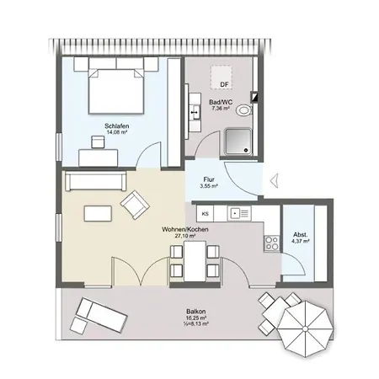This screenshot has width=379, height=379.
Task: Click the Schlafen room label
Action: point(117,126)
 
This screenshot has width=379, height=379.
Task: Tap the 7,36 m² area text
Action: point(221,108)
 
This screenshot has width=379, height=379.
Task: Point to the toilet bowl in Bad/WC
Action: point(244,110)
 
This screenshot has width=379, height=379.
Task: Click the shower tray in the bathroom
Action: point(238,141)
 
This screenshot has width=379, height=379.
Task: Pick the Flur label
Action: point(209,179)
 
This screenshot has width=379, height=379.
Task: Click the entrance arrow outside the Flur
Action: point(275,180)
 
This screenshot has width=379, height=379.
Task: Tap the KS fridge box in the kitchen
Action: point(206,214)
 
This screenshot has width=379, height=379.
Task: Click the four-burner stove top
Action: point(272,243)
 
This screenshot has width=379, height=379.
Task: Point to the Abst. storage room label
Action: point(301,235)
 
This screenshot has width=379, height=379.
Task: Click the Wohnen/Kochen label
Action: point(185,229)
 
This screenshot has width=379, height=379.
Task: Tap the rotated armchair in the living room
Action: point(135,205)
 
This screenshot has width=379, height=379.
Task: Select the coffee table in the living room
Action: point(98,214)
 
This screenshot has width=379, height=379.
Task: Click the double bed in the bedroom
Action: point(116,91)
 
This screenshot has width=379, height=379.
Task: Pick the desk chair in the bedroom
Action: point(98,141)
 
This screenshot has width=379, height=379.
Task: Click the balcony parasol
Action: point(305,328)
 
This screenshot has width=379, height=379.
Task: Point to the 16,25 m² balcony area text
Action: point(196,318)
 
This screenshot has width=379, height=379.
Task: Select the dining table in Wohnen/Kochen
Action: point(195,261)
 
